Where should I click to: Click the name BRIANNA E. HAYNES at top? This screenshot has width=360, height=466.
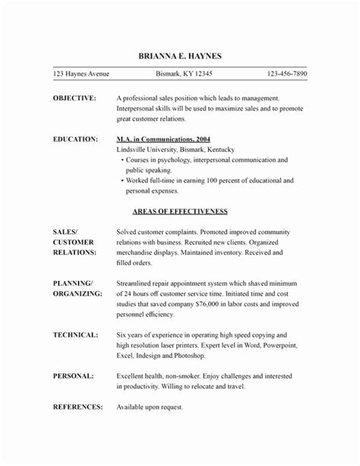(179, 57)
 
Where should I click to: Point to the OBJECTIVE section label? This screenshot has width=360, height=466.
(74, 99)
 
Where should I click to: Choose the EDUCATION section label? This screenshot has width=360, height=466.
(76, 139)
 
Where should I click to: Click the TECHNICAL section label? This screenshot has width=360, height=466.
(75, 334)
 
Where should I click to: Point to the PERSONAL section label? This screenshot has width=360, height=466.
(74, 375)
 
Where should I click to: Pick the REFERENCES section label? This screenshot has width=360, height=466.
(77, 406)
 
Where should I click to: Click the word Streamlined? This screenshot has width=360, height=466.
(140, 282)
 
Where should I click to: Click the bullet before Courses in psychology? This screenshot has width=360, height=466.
(123, 161)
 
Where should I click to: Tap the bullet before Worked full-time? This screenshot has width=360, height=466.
(123, 182)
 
